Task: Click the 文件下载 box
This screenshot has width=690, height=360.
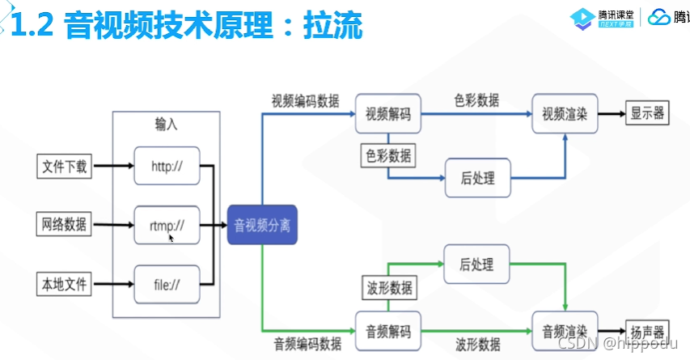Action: [x=65, y=167]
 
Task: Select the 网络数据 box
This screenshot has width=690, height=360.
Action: [x=65, y=224]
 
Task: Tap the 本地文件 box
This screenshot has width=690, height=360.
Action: [x=65, y=284]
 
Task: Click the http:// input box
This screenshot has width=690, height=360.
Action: [x=167, y=167]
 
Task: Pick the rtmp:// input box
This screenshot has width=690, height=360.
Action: [x=167, y=226]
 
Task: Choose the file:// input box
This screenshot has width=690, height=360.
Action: [x=167, y=285]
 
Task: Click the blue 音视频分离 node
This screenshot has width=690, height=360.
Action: [x=263, y=226]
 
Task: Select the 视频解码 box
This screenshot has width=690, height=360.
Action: [x=388, y=114]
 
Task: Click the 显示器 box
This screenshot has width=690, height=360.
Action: [x=647, y=114]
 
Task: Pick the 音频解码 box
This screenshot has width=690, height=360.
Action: [x=388, y=331]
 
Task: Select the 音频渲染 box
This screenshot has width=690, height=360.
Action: [x=565, y=331]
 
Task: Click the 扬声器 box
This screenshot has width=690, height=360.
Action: [x=647, y=332]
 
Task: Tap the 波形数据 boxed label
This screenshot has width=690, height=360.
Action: [x=387, y=287]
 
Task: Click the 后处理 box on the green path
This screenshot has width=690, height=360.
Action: [x=477, y=265]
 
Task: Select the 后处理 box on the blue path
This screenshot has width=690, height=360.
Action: [x=477, y=177]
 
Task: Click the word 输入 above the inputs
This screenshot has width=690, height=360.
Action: [x=166, y=125]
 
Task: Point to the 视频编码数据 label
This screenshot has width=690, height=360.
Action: [x=305, y=101]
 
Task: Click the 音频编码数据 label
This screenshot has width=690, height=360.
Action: [x=307, y=344]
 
